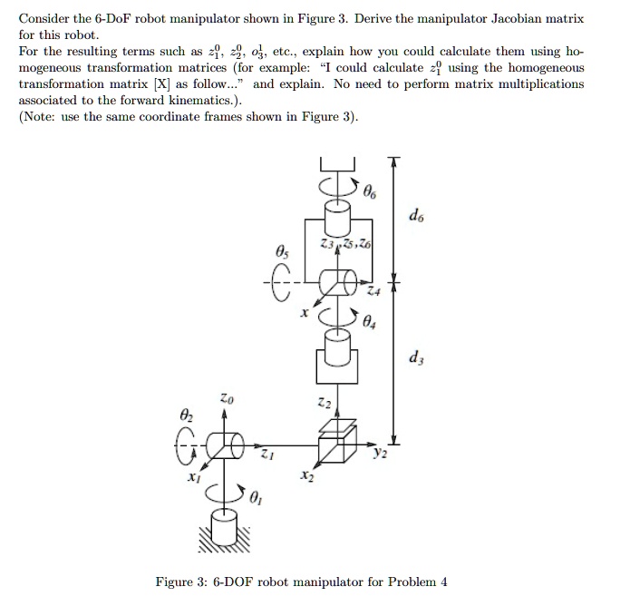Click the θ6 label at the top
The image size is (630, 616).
[x=368, y=193]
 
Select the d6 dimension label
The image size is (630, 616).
[x=415, y=217]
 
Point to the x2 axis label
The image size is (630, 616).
[x=307, y=474]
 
